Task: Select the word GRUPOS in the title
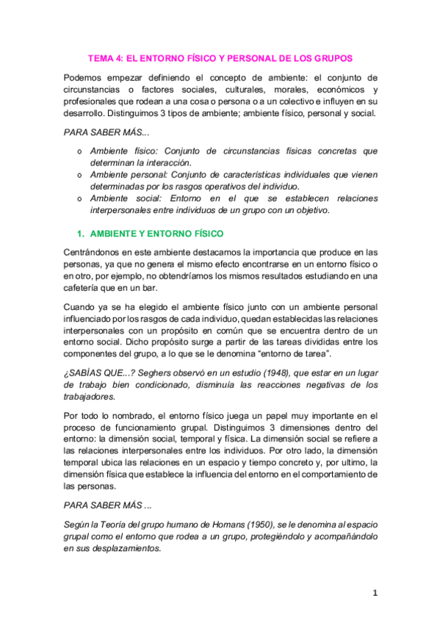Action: pos(332,57)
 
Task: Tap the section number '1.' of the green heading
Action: pos(82,233)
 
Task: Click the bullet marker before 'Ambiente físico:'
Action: pos(80,151)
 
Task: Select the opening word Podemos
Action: pos(84,78)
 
